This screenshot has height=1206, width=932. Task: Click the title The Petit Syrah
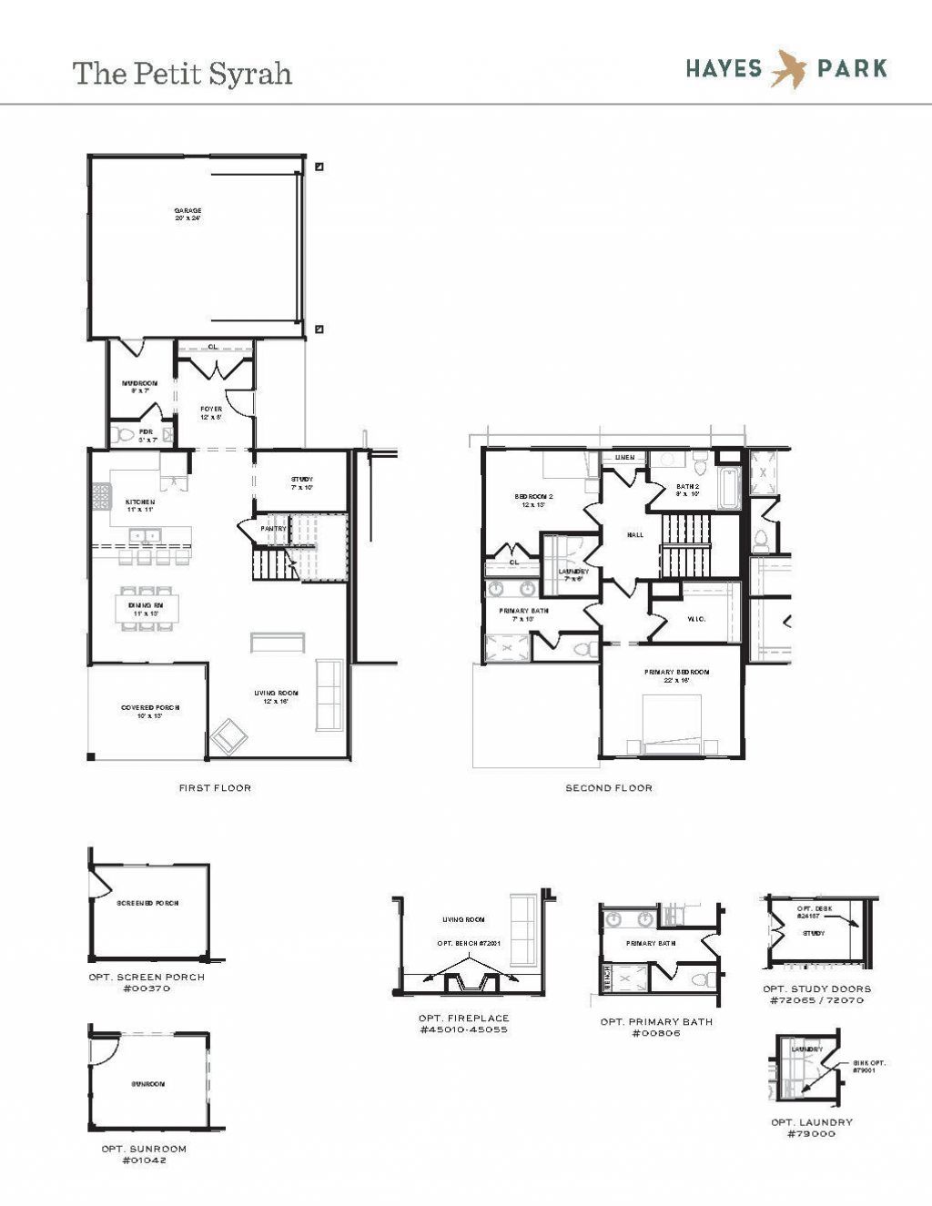point(182,74)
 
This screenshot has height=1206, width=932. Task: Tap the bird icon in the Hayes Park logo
point(788,69)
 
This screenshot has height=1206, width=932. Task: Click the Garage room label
point(187,214)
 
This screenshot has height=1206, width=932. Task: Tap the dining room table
point(147,609)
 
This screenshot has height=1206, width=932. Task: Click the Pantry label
point(273,529)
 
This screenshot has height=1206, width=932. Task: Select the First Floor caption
point(215,788)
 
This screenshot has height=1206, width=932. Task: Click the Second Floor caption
point(609,788)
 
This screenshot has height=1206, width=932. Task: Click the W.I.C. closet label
point(697,620)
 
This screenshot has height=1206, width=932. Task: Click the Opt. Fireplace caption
point(463,1024)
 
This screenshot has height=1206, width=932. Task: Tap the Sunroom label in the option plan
point(147,1085)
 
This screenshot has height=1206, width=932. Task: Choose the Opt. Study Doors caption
point(816,994)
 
